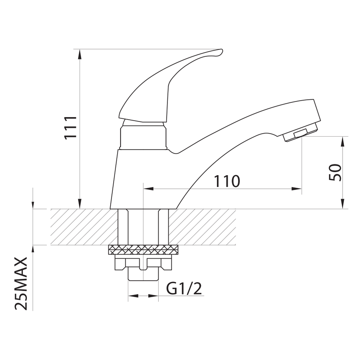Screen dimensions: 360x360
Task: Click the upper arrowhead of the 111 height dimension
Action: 79,54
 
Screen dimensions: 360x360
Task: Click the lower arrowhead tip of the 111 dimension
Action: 79,209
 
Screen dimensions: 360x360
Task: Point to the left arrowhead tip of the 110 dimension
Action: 143,189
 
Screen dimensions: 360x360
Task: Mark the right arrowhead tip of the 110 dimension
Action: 301,189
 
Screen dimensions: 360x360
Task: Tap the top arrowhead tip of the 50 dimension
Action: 343,136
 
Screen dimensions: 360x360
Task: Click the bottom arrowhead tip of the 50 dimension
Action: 343,209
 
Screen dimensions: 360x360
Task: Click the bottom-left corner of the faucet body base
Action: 110,209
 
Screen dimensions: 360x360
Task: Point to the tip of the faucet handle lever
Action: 222,49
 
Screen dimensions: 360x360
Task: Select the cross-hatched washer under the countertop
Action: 143,250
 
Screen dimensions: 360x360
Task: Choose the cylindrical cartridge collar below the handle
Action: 143,137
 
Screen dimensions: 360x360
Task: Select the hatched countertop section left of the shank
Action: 84,227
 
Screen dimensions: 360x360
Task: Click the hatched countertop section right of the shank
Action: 202,227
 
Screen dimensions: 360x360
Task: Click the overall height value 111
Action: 70,128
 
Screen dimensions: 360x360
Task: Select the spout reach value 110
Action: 227,181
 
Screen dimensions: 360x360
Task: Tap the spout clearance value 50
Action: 335,173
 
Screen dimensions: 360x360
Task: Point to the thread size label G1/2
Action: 184,288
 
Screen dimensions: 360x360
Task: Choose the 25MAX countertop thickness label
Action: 21,284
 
